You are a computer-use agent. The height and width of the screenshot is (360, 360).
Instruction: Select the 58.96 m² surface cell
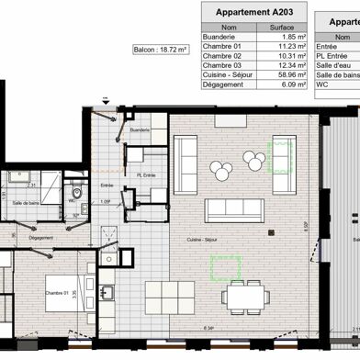[x=281, y=74]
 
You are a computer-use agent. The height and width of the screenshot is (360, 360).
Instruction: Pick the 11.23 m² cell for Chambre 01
[x=281, y=46]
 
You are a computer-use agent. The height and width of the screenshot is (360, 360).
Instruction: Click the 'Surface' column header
[x=281, y=27]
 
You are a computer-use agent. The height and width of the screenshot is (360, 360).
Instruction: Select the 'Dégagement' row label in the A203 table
[x=222, y=84]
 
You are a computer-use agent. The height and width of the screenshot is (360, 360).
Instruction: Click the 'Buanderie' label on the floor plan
[x=140, y=131]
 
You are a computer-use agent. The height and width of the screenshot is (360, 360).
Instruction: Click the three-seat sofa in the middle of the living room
[x=234, y=209]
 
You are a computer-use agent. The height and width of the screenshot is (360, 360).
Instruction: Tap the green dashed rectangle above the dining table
[x=225, y=267]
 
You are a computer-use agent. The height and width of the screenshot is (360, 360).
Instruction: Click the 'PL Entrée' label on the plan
[x=144, y=174]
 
